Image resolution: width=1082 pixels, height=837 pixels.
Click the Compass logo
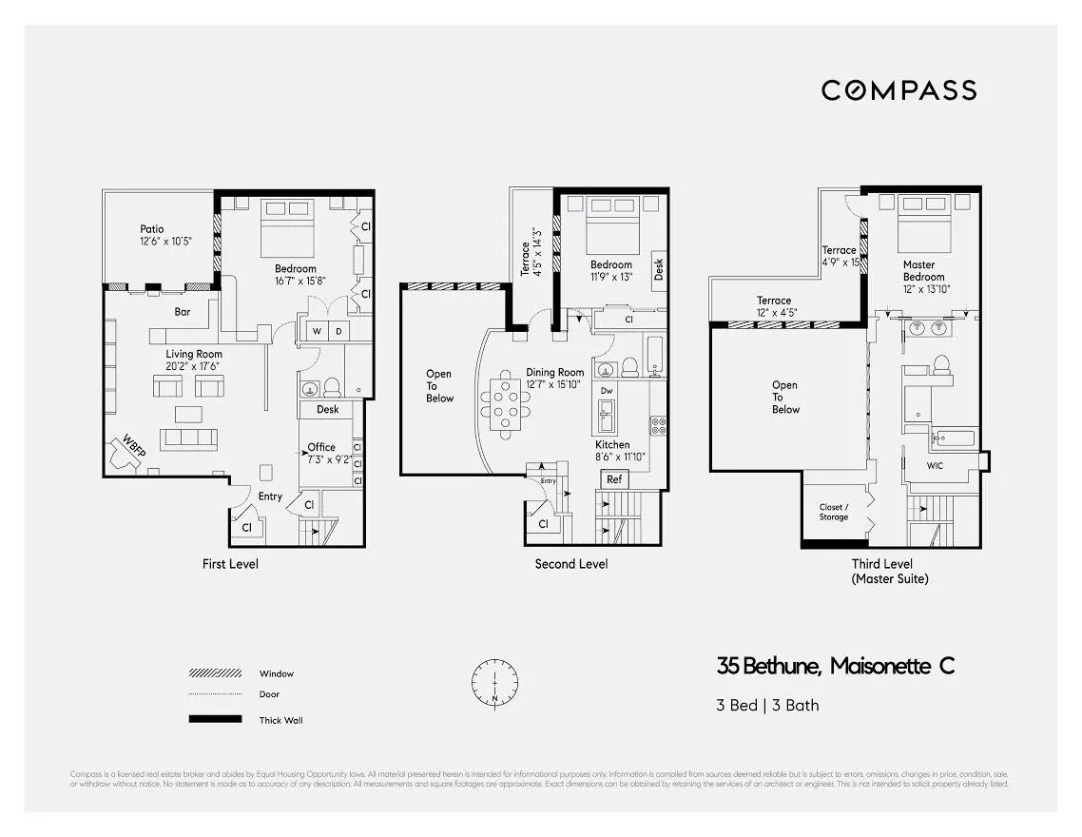898,90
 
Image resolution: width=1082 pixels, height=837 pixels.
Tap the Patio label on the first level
152,229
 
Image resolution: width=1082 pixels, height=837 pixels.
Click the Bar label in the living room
183,311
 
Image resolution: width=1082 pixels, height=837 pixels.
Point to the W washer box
317,331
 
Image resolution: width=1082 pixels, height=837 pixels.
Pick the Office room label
321,447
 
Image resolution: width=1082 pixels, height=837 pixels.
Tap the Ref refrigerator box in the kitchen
614,479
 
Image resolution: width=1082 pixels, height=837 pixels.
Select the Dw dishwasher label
607,390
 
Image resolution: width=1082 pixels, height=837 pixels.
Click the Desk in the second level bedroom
659,269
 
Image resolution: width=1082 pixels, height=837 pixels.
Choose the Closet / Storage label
833,513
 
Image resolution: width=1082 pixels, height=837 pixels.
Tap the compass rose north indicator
495,682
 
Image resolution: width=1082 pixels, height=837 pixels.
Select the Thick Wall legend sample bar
215,719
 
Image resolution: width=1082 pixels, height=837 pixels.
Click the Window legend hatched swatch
215,673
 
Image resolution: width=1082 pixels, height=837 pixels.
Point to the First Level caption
230,564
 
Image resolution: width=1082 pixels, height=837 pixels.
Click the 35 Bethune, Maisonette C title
836,666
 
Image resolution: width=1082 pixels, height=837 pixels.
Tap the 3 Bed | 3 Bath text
767,706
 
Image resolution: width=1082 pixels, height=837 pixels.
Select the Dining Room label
554,373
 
